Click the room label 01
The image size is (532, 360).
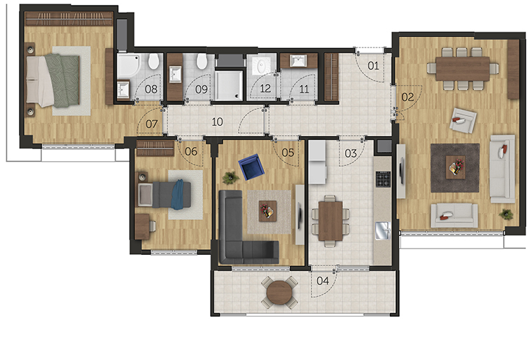(373, 66)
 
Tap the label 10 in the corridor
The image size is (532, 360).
(217, 122)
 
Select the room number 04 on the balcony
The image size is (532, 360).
(323, 281)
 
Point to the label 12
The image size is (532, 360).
(265, 89)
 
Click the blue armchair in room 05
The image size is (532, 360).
(251, 167)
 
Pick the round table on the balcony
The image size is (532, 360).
(279, 292)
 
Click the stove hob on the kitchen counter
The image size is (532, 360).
(383, 179)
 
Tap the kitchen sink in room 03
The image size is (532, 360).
(383, 230)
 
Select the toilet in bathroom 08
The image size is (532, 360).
(154, 61)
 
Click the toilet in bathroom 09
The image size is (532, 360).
(202, 61)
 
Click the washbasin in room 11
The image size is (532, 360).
(298, 61)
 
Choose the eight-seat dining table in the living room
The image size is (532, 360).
(463, 69)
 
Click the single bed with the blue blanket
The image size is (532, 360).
(164, 195)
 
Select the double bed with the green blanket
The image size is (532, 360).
(53, 81)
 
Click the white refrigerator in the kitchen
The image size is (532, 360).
(318, 162)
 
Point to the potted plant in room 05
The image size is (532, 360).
(230, 177)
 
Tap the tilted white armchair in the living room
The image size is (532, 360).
(463, 120)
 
